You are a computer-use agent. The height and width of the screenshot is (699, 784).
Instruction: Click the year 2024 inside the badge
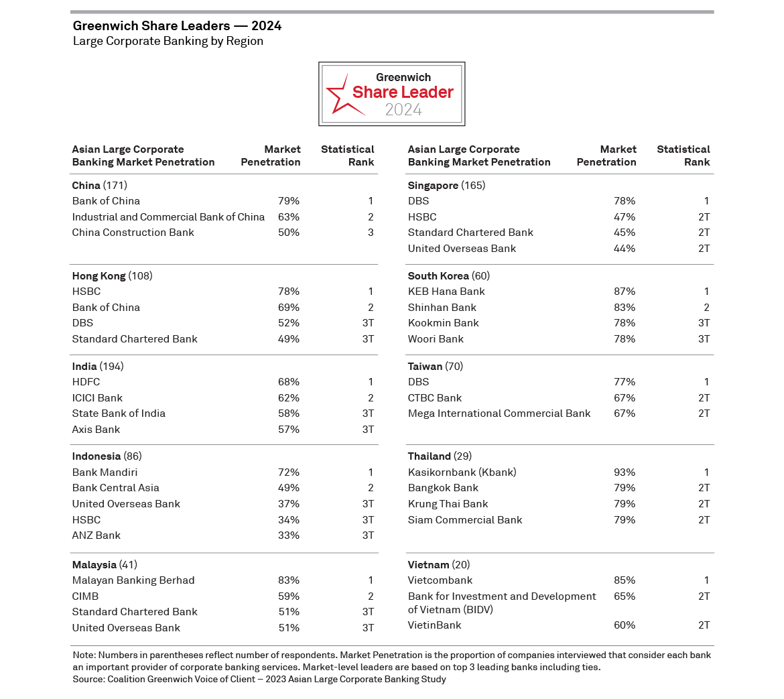click(x=403, y=110)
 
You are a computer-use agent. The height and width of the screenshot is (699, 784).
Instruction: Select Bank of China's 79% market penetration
click(x=289, y=201)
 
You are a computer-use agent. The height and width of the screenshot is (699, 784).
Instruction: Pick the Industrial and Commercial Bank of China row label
click(x=168, y=217)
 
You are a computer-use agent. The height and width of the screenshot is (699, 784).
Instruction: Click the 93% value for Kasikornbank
click(x=625, y=472)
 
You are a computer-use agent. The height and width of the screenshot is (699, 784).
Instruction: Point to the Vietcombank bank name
click(x=440, y=580)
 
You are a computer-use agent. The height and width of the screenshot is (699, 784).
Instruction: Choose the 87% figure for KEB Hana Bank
click(x=625, y=292)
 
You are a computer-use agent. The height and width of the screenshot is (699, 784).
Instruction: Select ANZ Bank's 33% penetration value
click(x=289, y=535)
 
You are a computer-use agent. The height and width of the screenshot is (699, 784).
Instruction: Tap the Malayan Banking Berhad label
click(x=133, y=580)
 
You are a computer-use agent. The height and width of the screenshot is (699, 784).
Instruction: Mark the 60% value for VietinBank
click(x=625, y=625)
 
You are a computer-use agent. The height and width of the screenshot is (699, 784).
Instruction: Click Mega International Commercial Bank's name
click(x=499, y=414)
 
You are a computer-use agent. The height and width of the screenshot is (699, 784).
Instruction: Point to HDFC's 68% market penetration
click(x=289, y=382)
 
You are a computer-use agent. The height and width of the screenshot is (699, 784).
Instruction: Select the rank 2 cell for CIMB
click(x=371, y=596)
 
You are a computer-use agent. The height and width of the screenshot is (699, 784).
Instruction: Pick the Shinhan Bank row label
click(x=442, y=308)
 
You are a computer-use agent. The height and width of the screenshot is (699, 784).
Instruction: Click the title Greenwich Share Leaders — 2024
click(x=177, y=26)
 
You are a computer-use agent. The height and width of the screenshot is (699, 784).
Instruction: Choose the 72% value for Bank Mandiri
click(x=289, y=472)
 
